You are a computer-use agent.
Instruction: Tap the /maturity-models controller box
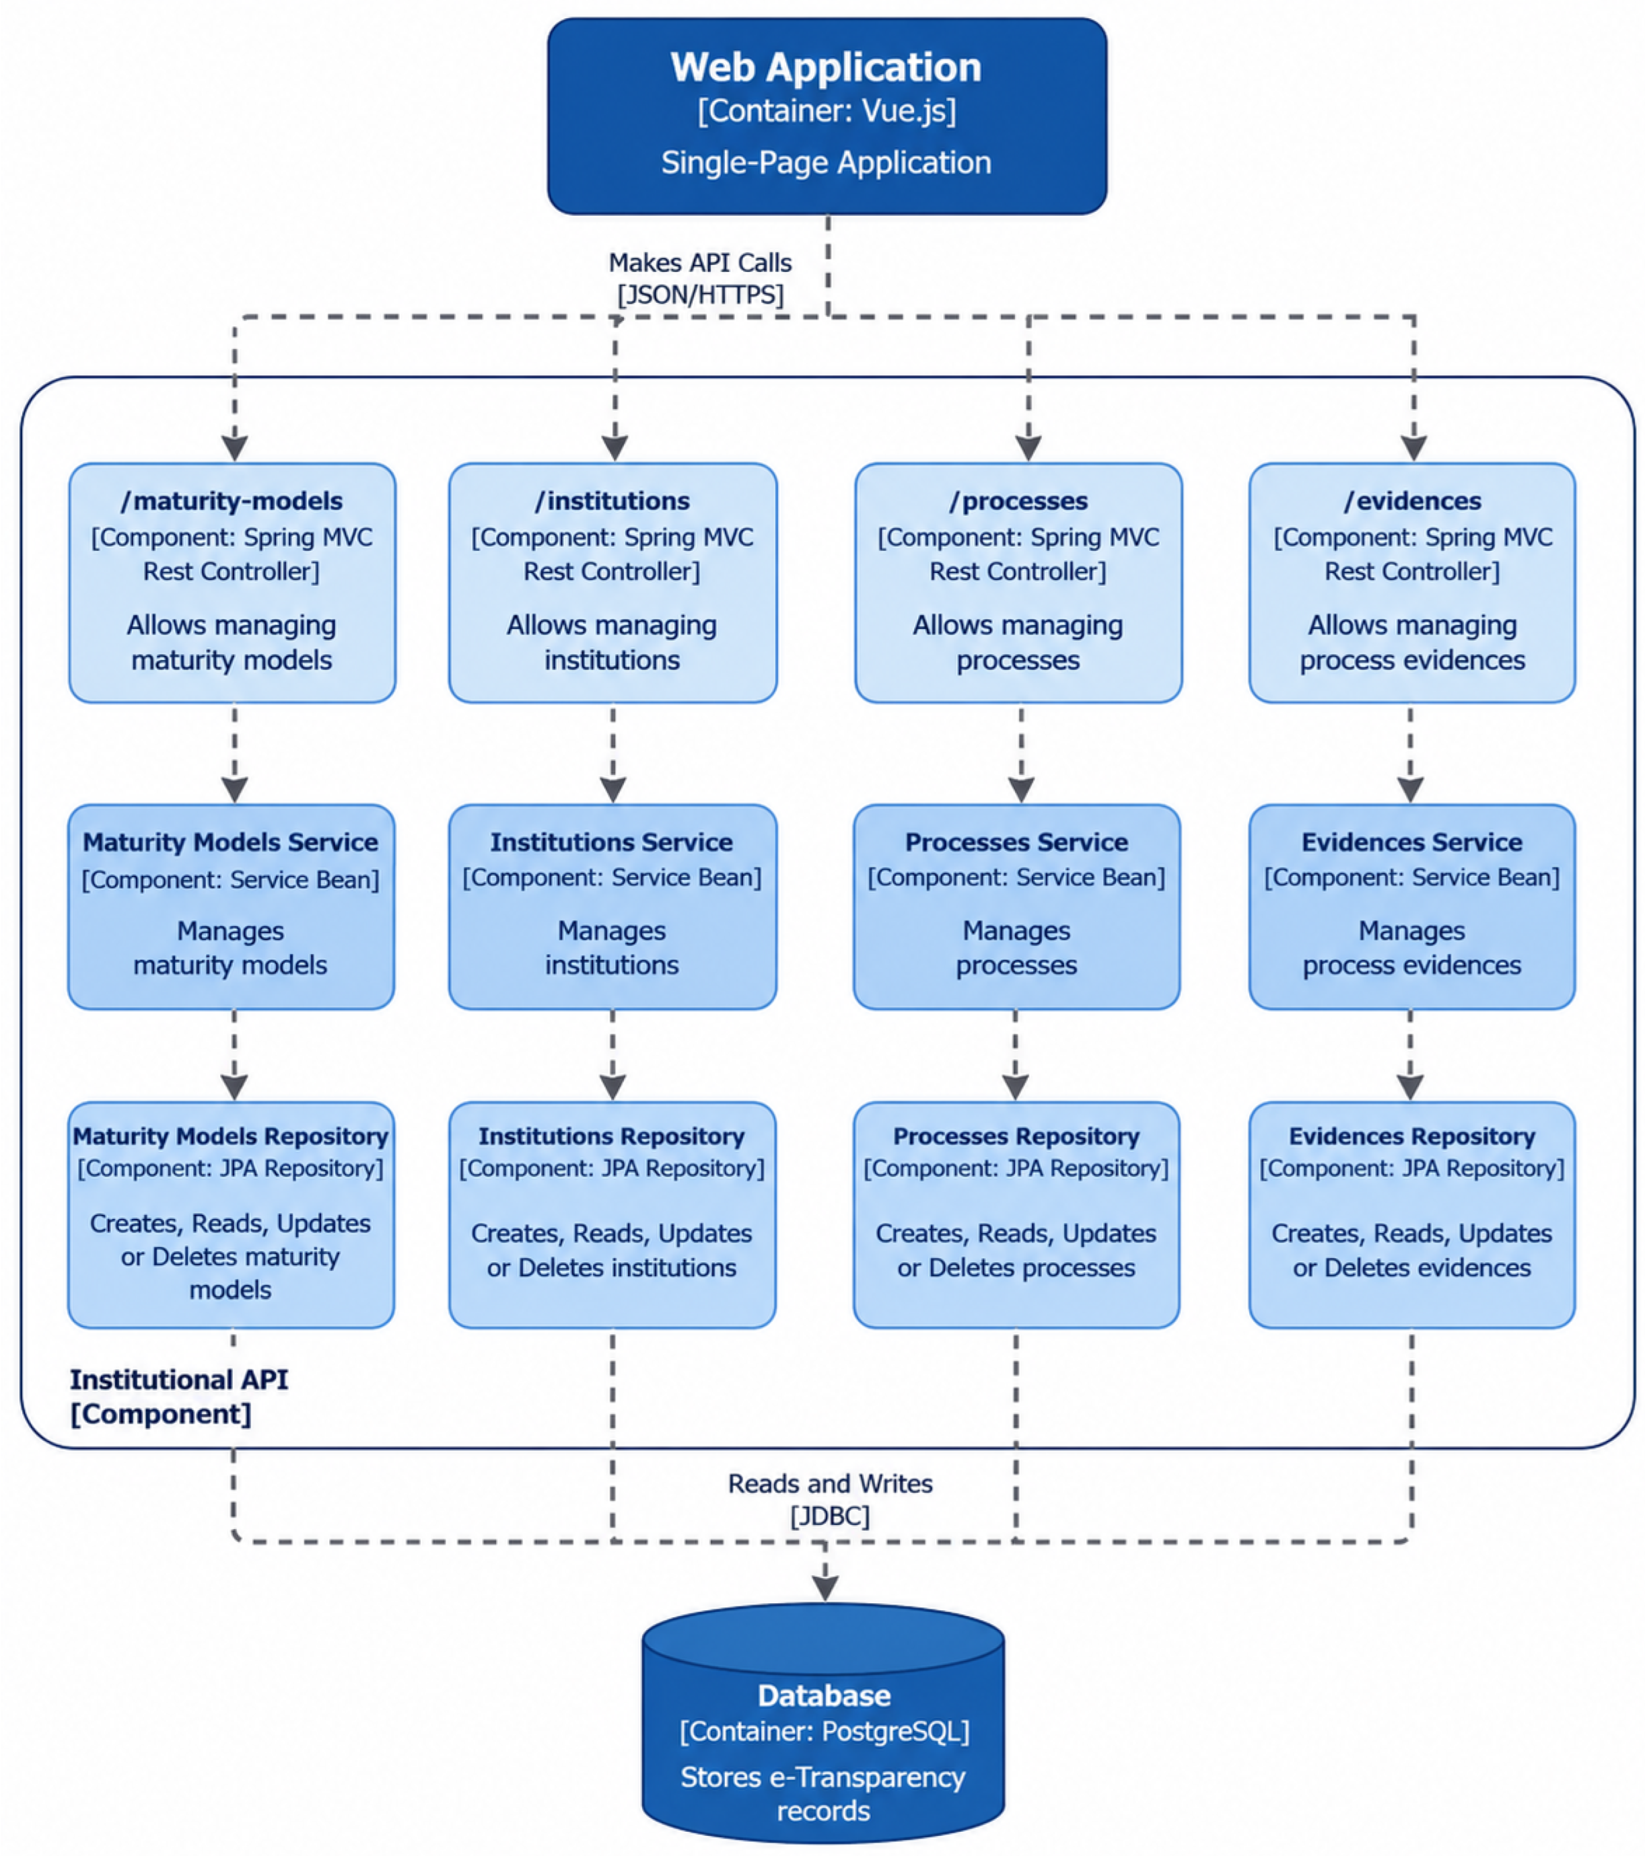(232, 583)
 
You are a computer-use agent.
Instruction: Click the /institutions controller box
(613, 583)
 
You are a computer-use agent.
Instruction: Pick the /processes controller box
(1018, 583)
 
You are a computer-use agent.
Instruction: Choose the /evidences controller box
(1413, 583)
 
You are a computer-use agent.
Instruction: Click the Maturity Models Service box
(232, 906)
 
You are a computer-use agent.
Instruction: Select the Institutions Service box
(613, 906)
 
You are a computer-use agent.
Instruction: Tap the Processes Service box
(1017, 906)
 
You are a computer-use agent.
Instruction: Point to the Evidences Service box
(1413, 906)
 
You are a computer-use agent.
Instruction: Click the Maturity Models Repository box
(232, 1215)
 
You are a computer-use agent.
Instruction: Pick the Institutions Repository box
(613, 1215)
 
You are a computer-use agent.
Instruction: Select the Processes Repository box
(1017, 1215)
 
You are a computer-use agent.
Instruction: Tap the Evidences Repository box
(1413, 1215)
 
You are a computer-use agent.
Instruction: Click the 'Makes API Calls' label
(700, 262)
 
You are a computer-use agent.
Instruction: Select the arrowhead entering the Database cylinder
(825, 1587)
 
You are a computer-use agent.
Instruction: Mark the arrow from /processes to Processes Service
(1022, 753)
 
